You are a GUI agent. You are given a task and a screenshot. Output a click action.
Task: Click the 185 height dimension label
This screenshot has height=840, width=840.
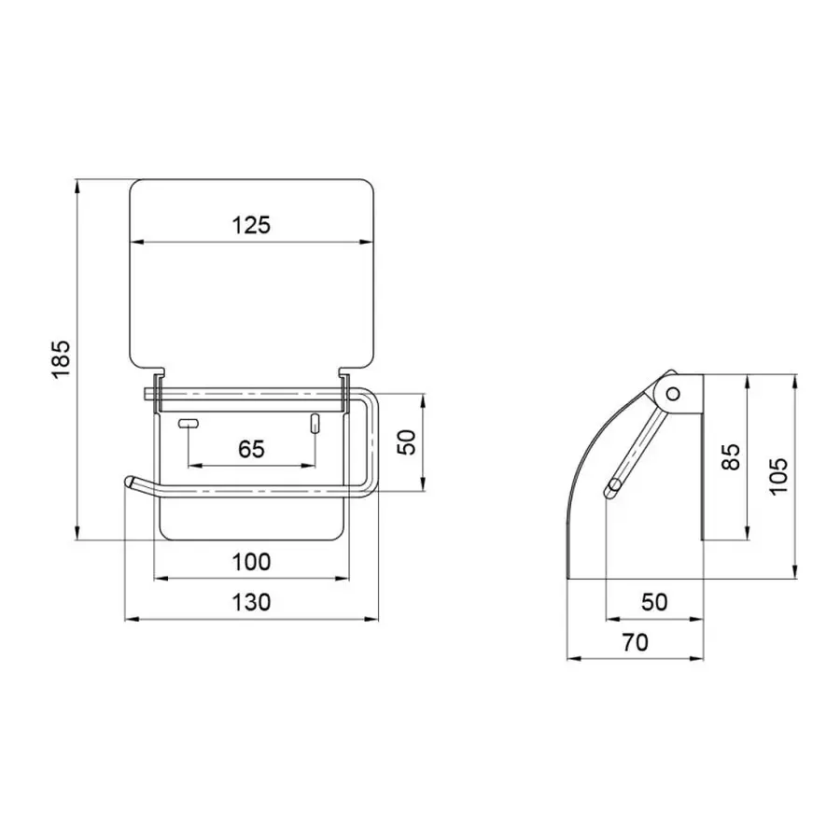61,359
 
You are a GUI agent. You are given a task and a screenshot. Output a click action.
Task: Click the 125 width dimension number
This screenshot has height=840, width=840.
251,225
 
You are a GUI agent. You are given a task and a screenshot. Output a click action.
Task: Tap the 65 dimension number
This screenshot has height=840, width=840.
251,449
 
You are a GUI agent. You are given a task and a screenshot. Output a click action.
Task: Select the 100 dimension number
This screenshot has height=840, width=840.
251,562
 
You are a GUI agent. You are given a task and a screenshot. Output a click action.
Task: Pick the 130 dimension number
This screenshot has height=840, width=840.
251,602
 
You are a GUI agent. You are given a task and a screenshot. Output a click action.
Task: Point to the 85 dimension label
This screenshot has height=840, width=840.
731,456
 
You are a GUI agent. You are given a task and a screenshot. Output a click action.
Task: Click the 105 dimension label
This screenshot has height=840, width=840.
778,477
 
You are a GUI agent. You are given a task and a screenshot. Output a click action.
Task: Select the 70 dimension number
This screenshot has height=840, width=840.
635,642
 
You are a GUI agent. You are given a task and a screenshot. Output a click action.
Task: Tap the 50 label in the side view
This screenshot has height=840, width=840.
654,602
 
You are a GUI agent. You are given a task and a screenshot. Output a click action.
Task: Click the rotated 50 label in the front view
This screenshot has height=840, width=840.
407,442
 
